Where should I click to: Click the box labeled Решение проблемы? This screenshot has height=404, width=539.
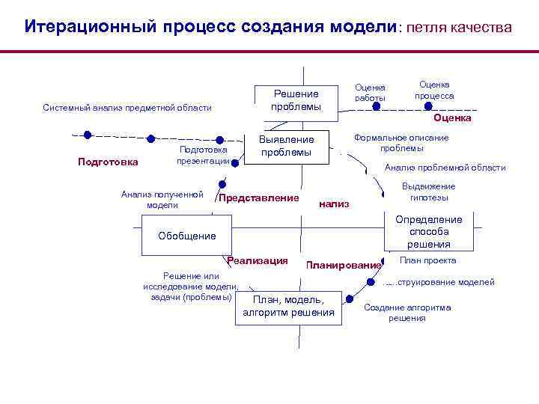[296, 100]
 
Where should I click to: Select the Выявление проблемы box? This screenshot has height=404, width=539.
[286, 146]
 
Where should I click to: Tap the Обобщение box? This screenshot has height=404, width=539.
[187, 236]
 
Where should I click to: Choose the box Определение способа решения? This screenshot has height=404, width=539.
[429, 232]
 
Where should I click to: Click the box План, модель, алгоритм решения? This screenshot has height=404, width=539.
[288, 306]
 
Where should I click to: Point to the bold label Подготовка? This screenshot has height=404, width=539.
[109, 162]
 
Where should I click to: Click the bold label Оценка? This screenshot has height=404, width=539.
[452, 117]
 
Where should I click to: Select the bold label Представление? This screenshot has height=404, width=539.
[258, 198]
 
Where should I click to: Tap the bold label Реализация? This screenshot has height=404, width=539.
[258, 260]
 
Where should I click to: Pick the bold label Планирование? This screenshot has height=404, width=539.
[344, 265]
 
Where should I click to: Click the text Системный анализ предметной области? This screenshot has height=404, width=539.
[127, 108]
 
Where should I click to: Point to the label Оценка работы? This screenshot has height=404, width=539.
[371, 93]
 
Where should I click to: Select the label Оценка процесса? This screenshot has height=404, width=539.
[435, 91]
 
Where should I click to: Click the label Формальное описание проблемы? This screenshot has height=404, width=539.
[401, 142]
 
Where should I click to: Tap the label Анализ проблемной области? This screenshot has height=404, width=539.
[445, 168]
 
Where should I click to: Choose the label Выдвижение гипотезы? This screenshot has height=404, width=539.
[429, 192]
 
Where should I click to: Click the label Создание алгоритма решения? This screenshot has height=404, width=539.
[407, 313]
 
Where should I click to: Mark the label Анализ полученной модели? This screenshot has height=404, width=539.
[162, 199]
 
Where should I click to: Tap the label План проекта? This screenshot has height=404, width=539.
[428, 260]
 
